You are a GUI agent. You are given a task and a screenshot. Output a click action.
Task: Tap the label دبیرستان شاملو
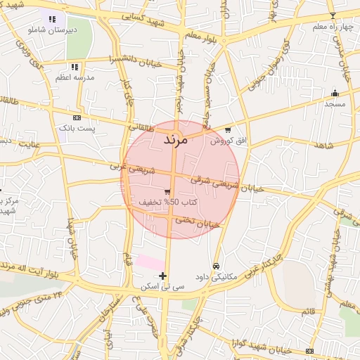click(51, 30)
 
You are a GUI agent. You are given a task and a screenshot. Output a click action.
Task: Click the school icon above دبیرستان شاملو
click(51, 19)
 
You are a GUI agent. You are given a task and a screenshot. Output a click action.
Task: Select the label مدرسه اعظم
click(70, 78)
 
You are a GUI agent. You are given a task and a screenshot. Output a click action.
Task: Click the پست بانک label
click(76, 129)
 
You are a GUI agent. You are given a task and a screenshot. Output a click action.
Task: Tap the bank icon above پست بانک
click(76, 118)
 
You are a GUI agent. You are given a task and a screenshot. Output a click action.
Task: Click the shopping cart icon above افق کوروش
click(229, 130)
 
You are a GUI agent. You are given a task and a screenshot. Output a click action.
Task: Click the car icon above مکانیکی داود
click(216, 266)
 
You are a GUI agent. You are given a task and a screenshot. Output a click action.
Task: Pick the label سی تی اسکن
click(162, 286)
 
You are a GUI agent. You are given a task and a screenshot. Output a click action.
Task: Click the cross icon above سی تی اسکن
click(163, 276)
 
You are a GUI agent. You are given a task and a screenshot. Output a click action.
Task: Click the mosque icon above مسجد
click(335, 93)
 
